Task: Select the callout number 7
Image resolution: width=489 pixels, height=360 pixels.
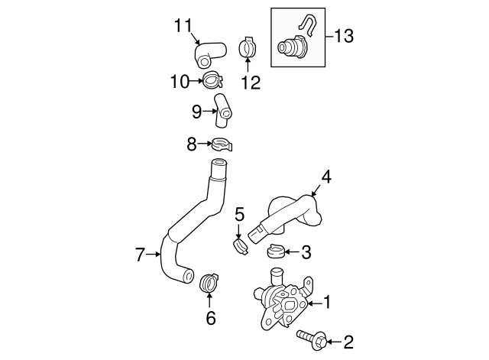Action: click(x=141, y=255)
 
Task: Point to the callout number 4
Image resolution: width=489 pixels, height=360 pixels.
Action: click(x=325, y=177)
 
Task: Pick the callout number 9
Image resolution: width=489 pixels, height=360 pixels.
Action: click(x=197, y=112)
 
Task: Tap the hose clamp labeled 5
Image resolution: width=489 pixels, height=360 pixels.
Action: click(x=241, y=246)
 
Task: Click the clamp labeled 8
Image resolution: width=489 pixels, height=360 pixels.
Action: click(x=221, y=142)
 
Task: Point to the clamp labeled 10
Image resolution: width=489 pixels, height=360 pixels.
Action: click(x=213, y=79)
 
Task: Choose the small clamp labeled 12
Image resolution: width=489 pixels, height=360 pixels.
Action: click(x=248, y=47)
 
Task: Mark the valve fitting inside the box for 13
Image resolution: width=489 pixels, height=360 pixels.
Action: click(x=291, y=47)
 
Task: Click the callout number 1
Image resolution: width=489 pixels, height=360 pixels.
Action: click(x=327, y=303)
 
